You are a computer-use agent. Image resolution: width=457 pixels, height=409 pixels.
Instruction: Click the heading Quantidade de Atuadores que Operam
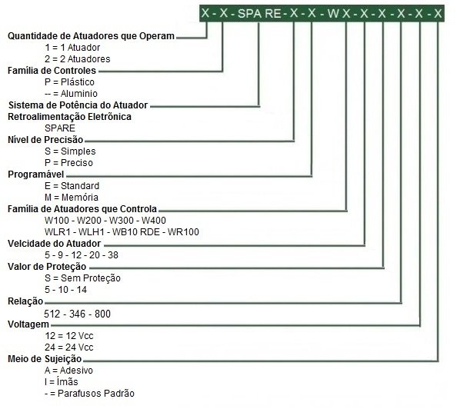91,36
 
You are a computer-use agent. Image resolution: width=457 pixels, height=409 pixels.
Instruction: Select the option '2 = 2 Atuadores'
78,59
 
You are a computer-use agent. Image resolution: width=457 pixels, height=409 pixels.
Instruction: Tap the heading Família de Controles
52,71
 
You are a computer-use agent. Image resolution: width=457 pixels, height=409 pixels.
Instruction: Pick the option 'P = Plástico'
69,82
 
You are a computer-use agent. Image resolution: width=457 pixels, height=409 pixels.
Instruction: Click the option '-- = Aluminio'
71,94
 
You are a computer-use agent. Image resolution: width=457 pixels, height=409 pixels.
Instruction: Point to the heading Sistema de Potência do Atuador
78,105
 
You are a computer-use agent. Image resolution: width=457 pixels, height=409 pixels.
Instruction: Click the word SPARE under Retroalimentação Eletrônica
60,128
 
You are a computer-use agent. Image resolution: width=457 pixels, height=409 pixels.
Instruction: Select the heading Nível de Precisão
45,140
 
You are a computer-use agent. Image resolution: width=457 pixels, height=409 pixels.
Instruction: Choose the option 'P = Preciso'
68,163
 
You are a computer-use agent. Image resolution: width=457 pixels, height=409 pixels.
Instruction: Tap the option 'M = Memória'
72,198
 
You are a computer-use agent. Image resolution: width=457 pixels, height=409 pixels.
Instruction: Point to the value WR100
184,232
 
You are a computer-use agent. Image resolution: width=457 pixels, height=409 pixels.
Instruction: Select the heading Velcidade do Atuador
54,244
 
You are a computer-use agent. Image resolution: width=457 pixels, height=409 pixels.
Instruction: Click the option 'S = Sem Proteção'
82,278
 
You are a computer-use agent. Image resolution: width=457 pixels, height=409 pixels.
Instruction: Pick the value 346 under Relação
77,314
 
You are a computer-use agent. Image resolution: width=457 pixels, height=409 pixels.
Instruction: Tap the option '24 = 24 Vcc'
69,347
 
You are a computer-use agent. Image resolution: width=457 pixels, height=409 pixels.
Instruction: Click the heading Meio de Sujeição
45,359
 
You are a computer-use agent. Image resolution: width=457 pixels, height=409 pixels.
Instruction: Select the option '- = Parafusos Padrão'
89,394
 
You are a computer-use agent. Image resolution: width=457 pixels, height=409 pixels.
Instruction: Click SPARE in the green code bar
259,13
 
